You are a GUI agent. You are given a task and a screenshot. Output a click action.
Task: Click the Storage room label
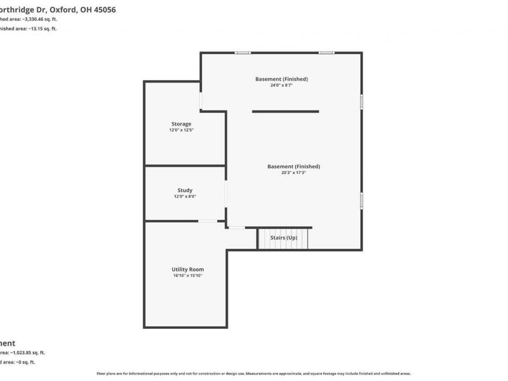coord(181,124)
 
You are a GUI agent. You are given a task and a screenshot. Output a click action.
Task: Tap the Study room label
coord(185,190)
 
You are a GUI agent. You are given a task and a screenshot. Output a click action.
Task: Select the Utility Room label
coord(187,269)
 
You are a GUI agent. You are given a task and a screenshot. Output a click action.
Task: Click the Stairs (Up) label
coord(283,237)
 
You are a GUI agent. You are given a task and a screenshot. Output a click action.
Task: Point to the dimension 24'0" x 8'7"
coord(281,85)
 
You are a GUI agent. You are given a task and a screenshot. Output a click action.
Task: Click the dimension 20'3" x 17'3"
coord(293,172)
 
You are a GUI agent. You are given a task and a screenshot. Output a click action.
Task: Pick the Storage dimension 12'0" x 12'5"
coord(181,130)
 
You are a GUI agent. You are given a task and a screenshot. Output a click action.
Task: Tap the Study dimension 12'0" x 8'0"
coord(185,197)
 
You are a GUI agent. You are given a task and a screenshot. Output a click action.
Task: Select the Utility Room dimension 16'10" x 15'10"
coord(187,276)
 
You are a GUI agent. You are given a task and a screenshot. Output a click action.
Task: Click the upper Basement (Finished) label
coord(281,79)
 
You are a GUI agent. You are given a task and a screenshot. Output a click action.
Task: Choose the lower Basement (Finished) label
coord(293,166)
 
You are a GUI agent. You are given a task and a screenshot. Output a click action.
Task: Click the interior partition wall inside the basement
coord(285,112)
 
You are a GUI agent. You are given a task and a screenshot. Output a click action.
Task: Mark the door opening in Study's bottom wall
coord(207,221)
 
